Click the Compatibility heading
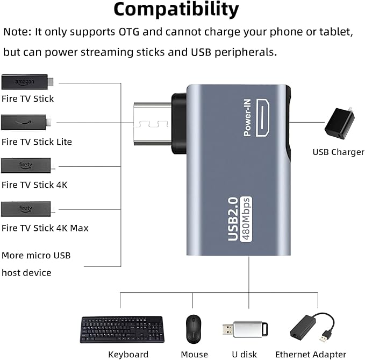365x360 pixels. pos(176,9)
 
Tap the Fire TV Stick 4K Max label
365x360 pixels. pos(45,228)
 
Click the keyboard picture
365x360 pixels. pos(121,329)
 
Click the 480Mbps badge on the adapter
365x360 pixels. pos(246,219)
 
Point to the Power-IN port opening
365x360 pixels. pos(263,117)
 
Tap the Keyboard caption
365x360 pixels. pos(128,354)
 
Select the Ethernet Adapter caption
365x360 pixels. pos(311,354)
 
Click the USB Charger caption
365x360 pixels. pos(338,152)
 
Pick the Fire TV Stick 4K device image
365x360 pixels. pos(26,165)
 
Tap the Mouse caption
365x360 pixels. pos(194,354)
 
